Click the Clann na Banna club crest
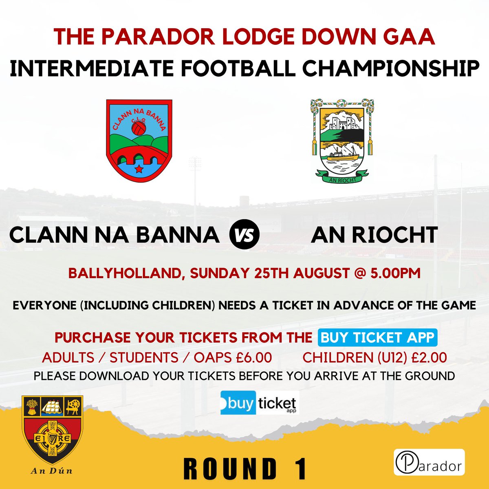(139, 140)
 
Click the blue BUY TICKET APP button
(378, 338)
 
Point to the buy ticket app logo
(260, 403)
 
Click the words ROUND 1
(245, 469)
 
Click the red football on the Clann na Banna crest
(139, 128)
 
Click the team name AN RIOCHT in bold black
(374, 235)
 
